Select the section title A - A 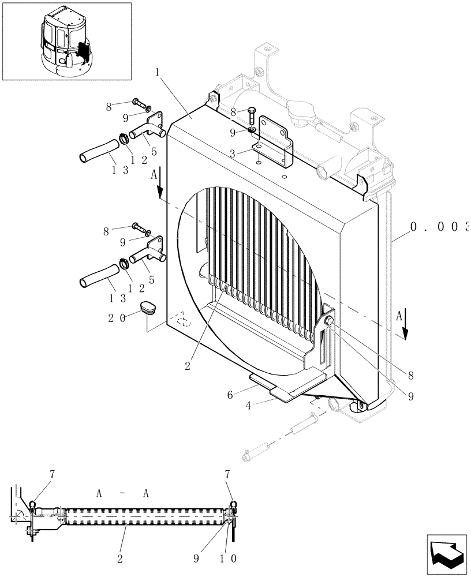pos(123,493)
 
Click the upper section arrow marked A pos(159,185)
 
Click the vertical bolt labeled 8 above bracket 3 pos(253,115)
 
